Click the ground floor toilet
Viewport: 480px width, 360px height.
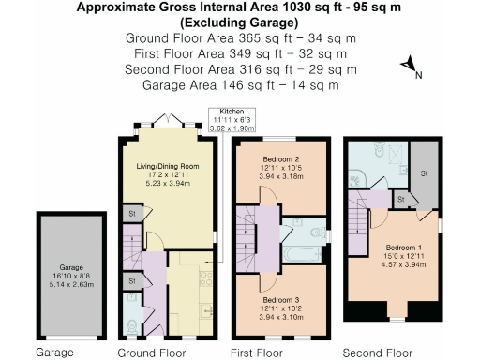(131, 323)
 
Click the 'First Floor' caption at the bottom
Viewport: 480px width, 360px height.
(257, 352)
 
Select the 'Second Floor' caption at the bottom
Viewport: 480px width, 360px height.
(378, 352)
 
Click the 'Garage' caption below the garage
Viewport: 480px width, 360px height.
(54, 352)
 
